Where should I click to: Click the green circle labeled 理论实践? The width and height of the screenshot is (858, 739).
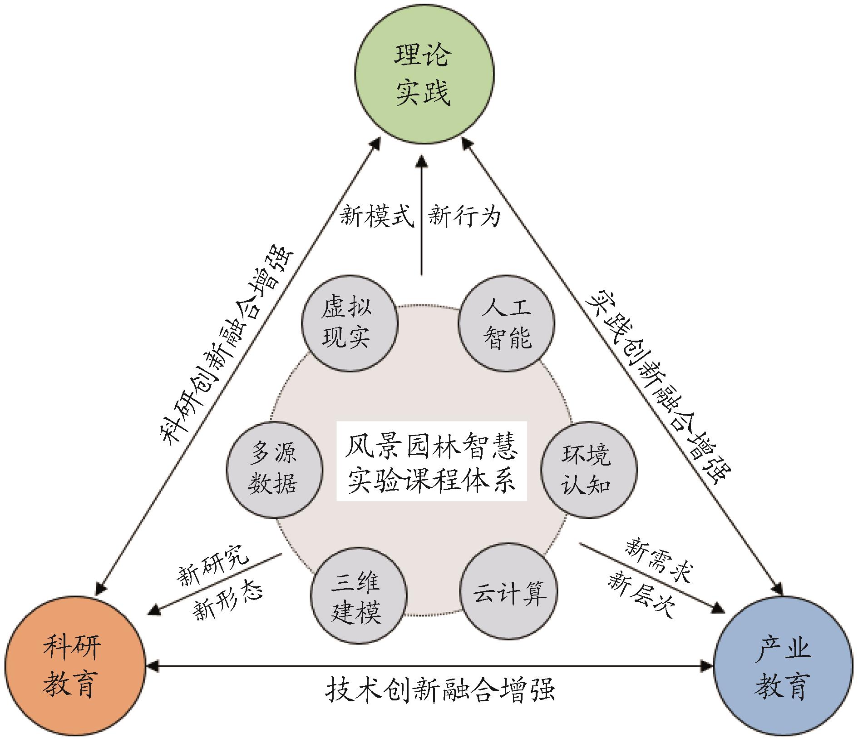424,74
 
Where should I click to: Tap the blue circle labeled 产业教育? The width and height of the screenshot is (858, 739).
783,666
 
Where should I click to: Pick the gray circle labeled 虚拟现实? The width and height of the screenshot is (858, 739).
349,323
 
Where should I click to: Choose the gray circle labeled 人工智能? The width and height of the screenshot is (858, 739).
506,323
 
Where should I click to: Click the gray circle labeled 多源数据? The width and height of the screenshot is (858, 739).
274,469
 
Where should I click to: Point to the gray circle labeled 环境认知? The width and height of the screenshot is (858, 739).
588,469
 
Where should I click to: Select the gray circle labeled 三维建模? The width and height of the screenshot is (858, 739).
358,595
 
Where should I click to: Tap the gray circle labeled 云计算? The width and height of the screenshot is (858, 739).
508,592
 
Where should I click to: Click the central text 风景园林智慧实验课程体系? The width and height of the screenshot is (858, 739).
431,461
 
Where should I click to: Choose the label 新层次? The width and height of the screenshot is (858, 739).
641,594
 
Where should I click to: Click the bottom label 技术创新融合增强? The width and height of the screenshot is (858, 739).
439,690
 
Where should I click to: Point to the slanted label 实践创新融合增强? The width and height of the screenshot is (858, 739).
658,386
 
